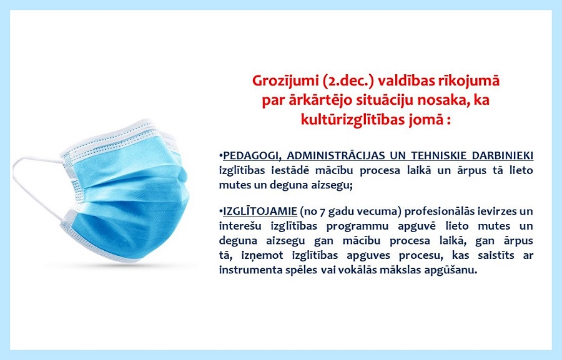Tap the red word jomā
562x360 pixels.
point(425,120)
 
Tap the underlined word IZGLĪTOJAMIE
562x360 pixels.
point(260,212)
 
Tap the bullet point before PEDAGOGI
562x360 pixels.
point(221,156)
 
